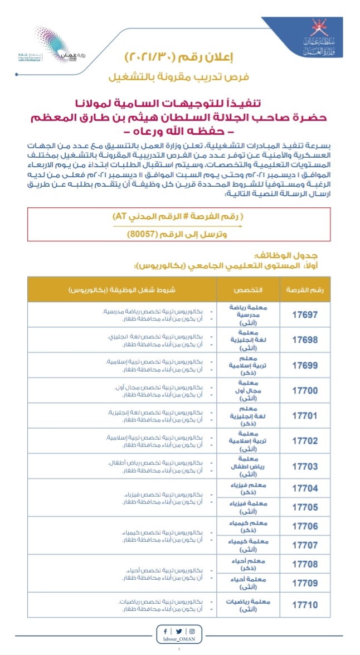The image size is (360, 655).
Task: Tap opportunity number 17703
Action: pyautogui.click(x=305, y=466)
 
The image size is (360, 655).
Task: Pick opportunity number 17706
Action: pyautogui.click(x=305, y=526)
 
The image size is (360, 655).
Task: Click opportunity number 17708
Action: pyautogui.click(x=305, y=564)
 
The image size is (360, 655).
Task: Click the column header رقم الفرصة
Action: pyautogui.click(x=305, y=290)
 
